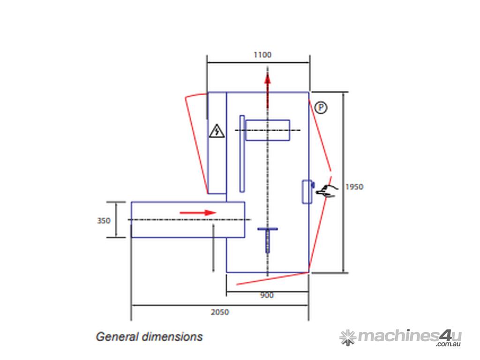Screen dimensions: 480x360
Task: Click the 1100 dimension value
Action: tap(262, 55)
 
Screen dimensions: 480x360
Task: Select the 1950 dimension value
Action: tap(354, 187)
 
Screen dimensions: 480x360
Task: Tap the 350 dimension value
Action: tap(104, 220)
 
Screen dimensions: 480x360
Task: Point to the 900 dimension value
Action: tap(267, 295)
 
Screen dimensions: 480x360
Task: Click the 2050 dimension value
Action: tap(220, 312)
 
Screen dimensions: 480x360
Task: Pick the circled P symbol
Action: tap(321, 107)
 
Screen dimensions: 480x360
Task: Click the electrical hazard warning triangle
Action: tap(217, 131)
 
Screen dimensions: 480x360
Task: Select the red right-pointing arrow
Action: tap(198, 212)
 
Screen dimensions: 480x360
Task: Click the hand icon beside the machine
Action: tap(327, 191)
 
